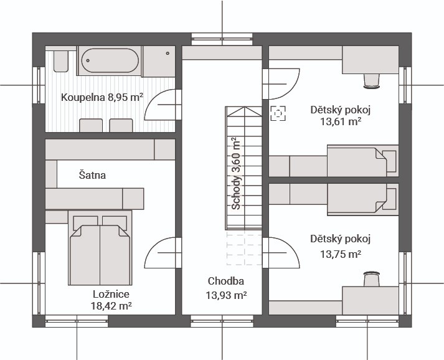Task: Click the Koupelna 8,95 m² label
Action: click(x=102, y=97)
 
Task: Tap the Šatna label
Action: click(x=92, y=175)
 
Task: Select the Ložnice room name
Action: click(x=111, y=294)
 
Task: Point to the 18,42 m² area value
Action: click(x=111, y=306)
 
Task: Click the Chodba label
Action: click(x=225, y=281)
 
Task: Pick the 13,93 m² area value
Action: click(x=226, y=295)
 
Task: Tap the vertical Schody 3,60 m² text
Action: click(x=235, y=173)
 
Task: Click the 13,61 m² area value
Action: click(x=341, y=121)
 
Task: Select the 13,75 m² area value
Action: click(x=341, y=254)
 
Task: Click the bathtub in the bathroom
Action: click(x=110, y=60)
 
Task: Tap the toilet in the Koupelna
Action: click(x=60, y=61)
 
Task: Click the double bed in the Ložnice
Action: click(x=100, y=248)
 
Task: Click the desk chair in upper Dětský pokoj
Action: click(x=371, y=82)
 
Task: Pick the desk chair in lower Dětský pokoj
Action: click(x=371, y=279)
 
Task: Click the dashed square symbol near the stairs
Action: click(x=278, y=113)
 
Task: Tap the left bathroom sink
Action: click(x=91, y=125)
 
